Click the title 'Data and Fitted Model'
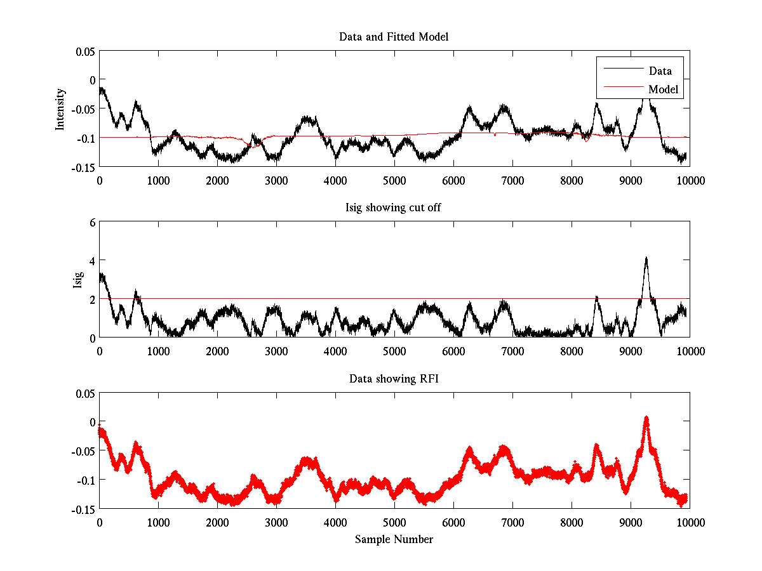click(x=394, y=37)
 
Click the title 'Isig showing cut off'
click(x=394, y=208)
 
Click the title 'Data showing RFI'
click(x=394, y=379)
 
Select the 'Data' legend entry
click(x=660, y=71)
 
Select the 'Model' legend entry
click(x=664, y=89)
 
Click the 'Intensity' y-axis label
click(x=60, y=108)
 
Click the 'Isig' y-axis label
click(x=77, y=279)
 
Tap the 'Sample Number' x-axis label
click(x=394, y=539)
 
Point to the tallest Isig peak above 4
click(x=646, y=258)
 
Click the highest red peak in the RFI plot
click(x=646, y=418)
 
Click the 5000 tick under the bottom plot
click(x=394, y=522)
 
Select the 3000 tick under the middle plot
click(x=276, y=351)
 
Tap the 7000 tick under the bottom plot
click(x=512, y=522)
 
